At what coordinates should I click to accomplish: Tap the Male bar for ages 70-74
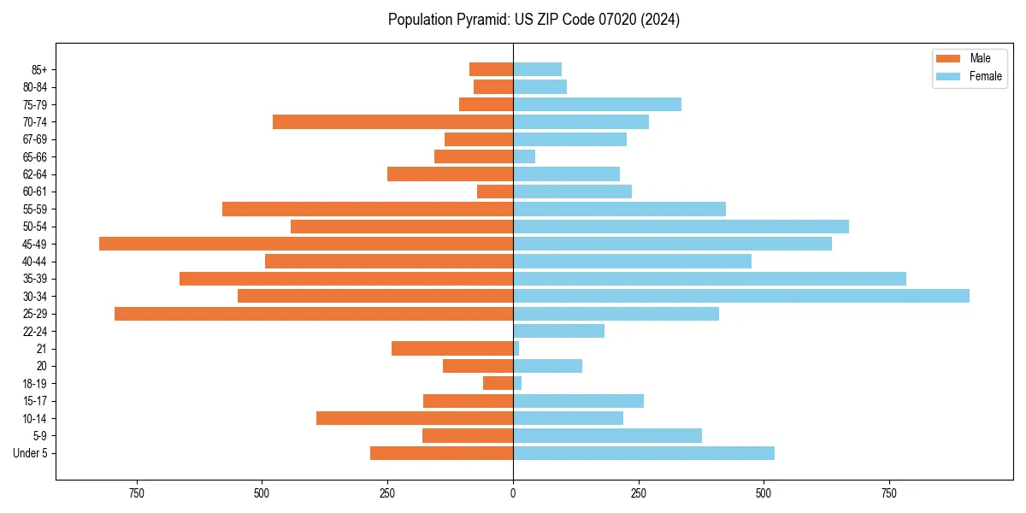pos(392,121)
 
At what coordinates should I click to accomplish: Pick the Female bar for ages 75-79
pos(597,104)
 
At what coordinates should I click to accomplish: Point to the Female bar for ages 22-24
pos(558,331)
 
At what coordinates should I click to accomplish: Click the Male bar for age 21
pos(452,348)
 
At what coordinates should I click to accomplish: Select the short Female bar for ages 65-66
pos(524,156)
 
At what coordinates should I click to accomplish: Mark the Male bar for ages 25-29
pos(314,314)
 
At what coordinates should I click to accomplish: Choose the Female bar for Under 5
pos(644,453)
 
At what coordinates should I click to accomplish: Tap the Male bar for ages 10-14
pos(415,418)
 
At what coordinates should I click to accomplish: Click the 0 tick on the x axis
pos(513,493)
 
